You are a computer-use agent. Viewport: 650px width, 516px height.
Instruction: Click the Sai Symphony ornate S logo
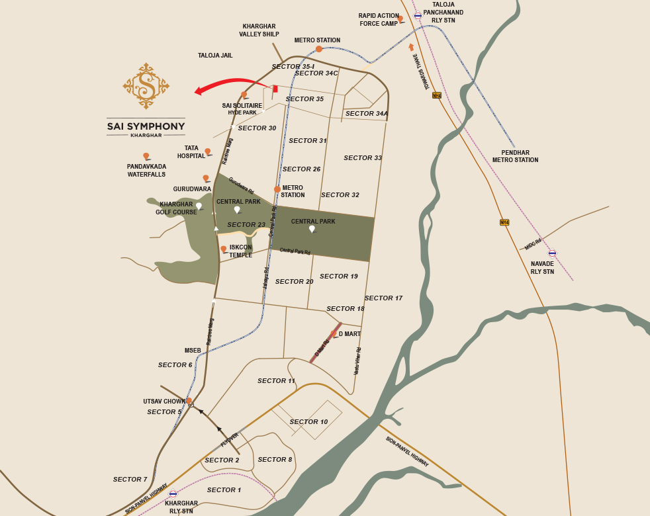(146, 85)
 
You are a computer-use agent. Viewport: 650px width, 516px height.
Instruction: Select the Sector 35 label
(304, 99)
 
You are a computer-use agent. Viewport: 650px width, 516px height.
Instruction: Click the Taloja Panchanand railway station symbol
(418, 16)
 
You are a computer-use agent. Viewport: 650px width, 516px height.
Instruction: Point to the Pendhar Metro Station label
(515, 156)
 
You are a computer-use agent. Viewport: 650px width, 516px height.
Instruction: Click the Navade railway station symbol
(552, 253)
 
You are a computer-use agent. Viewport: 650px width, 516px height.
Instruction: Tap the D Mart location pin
(334, 333)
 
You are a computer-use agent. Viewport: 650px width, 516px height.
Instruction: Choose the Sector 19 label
(338, 277)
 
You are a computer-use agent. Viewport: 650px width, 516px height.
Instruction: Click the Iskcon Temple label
(241, 251)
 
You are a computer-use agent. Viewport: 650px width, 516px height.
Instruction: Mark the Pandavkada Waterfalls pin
(146, 156)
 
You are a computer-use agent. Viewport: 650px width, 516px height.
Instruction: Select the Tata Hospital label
(191, 152)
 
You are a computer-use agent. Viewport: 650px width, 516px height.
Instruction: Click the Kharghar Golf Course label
(176, 208)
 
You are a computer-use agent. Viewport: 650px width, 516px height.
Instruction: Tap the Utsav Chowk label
(164, 402)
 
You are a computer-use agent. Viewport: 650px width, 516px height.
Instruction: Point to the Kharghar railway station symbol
(173, 494)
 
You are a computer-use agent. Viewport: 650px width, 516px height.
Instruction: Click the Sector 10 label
(308, 422)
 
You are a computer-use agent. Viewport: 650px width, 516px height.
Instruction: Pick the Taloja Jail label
(215, 56)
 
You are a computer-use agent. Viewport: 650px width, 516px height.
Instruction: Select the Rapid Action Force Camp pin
(400, 19)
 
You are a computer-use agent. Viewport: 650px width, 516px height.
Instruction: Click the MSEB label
(193, 351)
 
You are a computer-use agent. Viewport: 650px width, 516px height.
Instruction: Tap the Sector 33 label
(363, 158)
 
